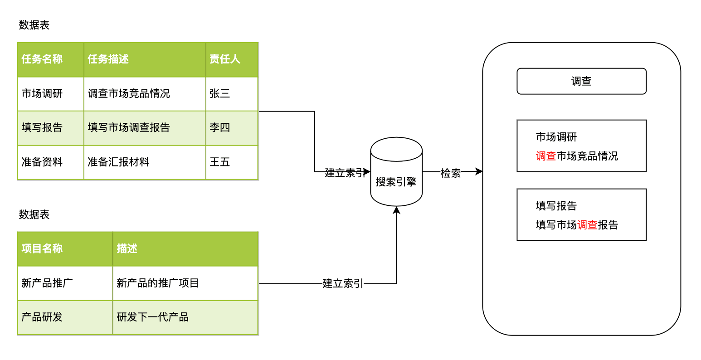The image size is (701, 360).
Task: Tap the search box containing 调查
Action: (581, 81)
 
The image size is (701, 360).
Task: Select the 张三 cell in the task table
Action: (232, 94)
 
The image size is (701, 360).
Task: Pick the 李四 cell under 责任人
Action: (232, 128)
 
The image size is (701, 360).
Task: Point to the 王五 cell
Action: (232, 162)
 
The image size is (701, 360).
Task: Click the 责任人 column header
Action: (232, 59)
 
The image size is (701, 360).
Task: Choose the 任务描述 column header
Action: (145, 59)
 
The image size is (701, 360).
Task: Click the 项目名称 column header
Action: (65, 248)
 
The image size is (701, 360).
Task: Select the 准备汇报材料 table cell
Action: (145, 162)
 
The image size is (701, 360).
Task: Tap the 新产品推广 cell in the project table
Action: (65, 283)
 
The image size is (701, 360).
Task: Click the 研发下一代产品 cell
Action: (185, 317)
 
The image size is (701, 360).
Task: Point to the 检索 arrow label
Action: (451, 173)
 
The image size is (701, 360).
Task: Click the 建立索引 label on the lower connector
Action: (343, 284)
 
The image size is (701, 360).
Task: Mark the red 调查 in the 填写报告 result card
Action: (587, 225)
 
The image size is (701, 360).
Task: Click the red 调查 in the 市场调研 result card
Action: (546, 156)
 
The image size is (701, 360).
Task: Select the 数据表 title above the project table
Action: (34, 214)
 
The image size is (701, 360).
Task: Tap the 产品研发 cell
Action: (65, 317)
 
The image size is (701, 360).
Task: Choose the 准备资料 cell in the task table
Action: (50, 162)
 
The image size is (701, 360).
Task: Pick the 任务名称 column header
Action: (50, 59)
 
